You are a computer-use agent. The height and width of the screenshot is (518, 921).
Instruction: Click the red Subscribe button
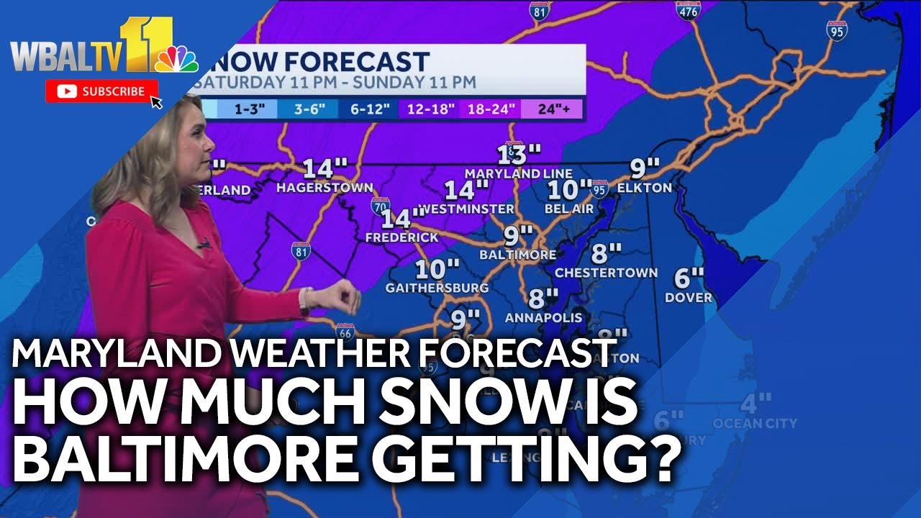(102, 91)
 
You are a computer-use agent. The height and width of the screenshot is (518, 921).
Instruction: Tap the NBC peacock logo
(177, 59)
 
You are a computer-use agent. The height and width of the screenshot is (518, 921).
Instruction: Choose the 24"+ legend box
(552, 109)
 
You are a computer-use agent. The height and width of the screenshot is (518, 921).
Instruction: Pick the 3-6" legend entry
(302, 109)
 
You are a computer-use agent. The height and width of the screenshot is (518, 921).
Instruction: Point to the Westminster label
(466, 209)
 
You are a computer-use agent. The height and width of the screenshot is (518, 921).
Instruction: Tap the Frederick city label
(401, 237)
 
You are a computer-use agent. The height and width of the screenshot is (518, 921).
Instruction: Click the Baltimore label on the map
(518, 255)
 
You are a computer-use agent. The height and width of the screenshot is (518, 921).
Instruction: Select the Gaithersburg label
(437, 288)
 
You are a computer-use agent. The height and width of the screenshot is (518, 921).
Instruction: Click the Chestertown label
(606, 273)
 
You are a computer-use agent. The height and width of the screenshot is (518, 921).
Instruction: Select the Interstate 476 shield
(688, 9)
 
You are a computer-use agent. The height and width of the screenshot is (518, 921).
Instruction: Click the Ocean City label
(755, 424)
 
